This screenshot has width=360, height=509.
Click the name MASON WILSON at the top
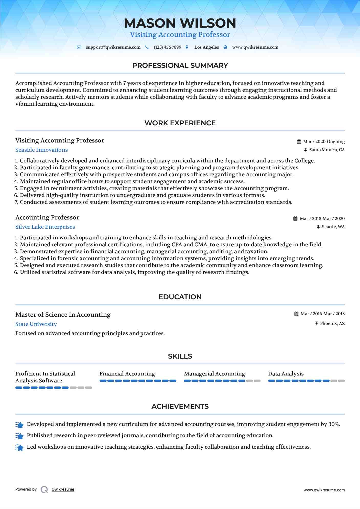pos(180,23)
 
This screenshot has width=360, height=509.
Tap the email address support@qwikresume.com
pos(113,47)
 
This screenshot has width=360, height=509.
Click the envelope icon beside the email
pos(79,47)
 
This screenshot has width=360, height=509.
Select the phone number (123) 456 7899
pos(167,47)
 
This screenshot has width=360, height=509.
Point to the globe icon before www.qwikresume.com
pos(225,47)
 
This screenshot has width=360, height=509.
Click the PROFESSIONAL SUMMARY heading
pos(180,65)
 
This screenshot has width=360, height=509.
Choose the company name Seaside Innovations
pos(41,150)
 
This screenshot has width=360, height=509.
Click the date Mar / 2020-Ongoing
pos(324,142)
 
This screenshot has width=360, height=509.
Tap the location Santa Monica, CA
pos(327,150)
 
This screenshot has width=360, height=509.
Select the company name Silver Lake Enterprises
pos(45,227)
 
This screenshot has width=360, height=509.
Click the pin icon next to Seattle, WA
pos(318,227)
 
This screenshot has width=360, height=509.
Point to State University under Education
pos(36,324)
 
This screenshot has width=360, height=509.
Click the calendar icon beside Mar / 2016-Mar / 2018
pos(296,314)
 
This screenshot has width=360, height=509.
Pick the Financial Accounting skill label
pos(127,374)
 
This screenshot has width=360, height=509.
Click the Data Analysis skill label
pos(286,374)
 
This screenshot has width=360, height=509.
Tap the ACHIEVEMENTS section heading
pos(180,406)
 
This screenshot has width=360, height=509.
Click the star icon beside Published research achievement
pos(19,436)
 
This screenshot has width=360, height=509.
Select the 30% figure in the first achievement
pos(334,424)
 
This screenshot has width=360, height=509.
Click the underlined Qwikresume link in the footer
pos(63,489)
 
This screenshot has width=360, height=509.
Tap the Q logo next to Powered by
pos(44,490)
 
